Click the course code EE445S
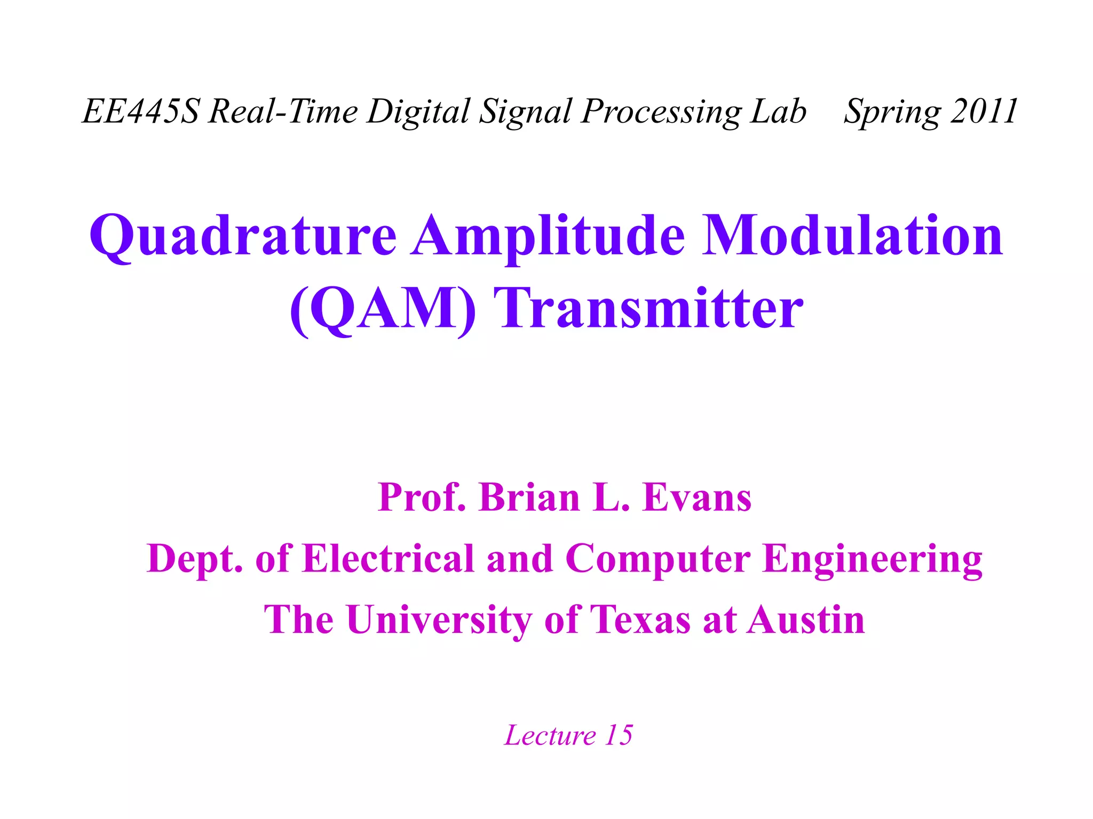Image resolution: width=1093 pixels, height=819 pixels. click(141, 111)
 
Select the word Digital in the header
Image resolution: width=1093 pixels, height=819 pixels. click(417, 111)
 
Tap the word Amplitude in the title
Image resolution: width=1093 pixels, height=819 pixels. click(548, 236)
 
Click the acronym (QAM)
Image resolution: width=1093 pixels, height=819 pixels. click(382, 309)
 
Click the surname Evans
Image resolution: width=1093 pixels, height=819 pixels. click(697, 497)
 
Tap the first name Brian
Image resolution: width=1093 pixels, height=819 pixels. click(529, 497)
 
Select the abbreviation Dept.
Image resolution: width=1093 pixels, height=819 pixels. click(195, 559)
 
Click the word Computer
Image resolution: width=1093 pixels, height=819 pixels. click(658, 559)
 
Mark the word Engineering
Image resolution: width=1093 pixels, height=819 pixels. click(872, 559)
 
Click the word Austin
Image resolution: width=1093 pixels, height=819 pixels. click(805, 620)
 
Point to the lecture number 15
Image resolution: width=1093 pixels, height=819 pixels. click(619, 735)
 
